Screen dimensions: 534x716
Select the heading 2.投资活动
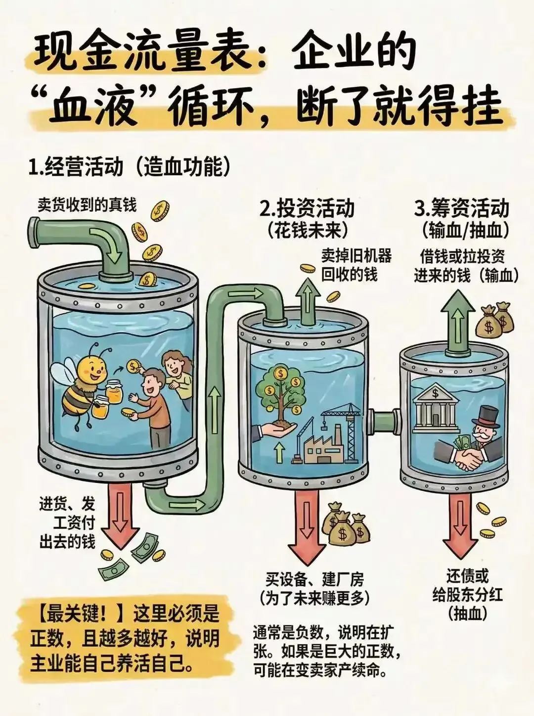(307, 208)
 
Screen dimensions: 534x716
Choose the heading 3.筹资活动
(461, 208)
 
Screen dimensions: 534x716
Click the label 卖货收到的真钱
(87, 205)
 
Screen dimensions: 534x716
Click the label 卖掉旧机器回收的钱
(356, 265)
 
